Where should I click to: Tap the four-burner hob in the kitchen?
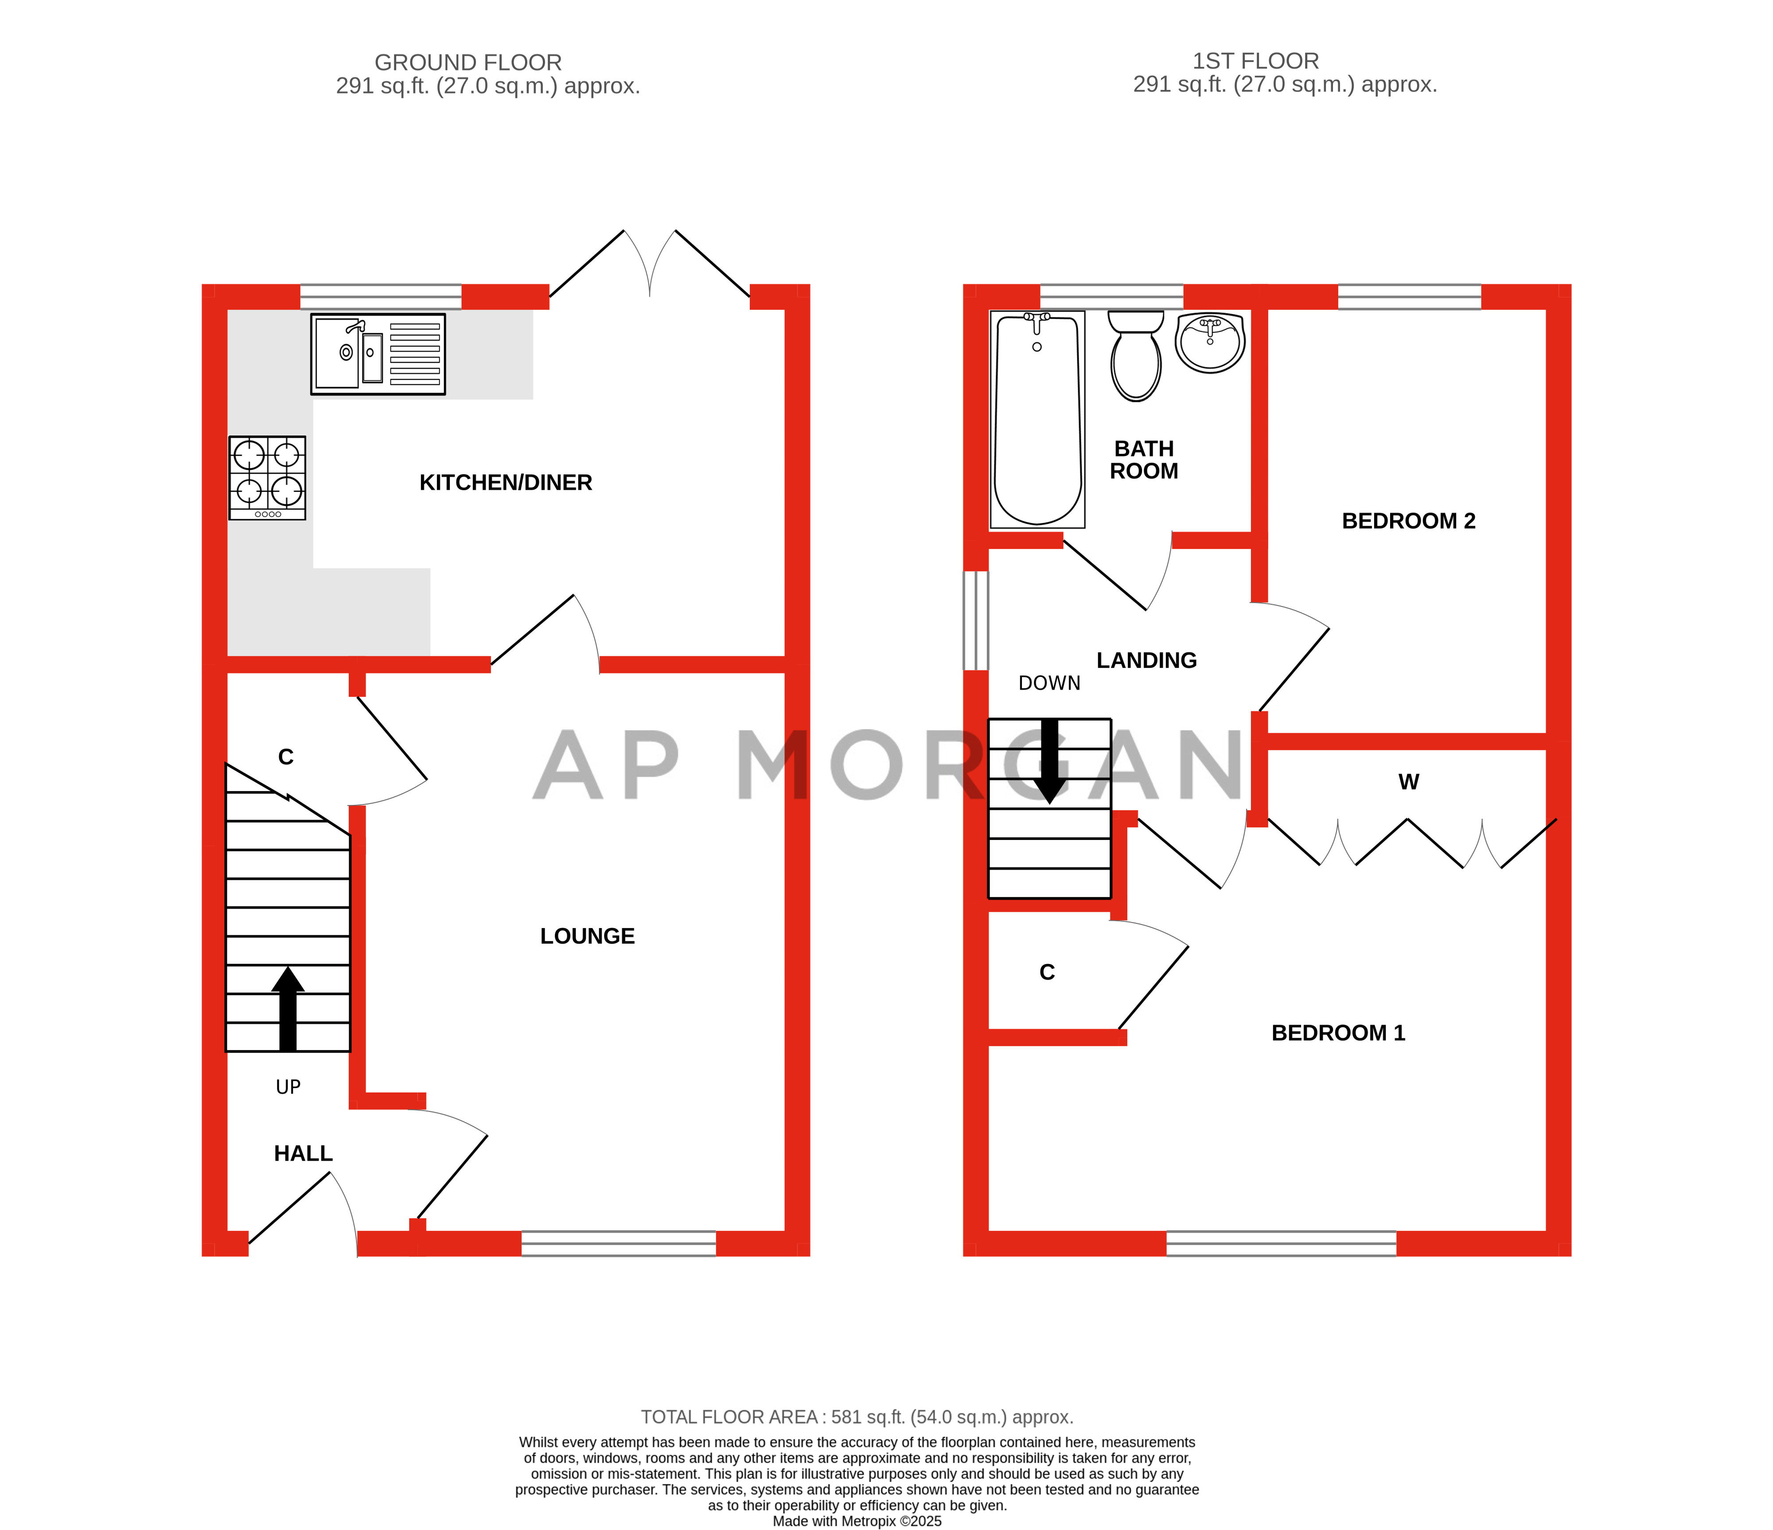click(267, 477)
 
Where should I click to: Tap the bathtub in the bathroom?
click(1037, 419)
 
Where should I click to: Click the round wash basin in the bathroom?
click(1210, 342)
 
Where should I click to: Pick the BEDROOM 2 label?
click(1408, 521)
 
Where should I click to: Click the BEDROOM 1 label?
click(1338, 1033)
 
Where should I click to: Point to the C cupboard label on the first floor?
click(1048, 972)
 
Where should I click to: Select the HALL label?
click(303, 1154)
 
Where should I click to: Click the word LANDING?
click(1147, 660)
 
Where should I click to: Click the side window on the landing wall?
click(975, 621)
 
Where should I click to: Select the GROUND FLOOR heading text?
click(468, 62)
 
